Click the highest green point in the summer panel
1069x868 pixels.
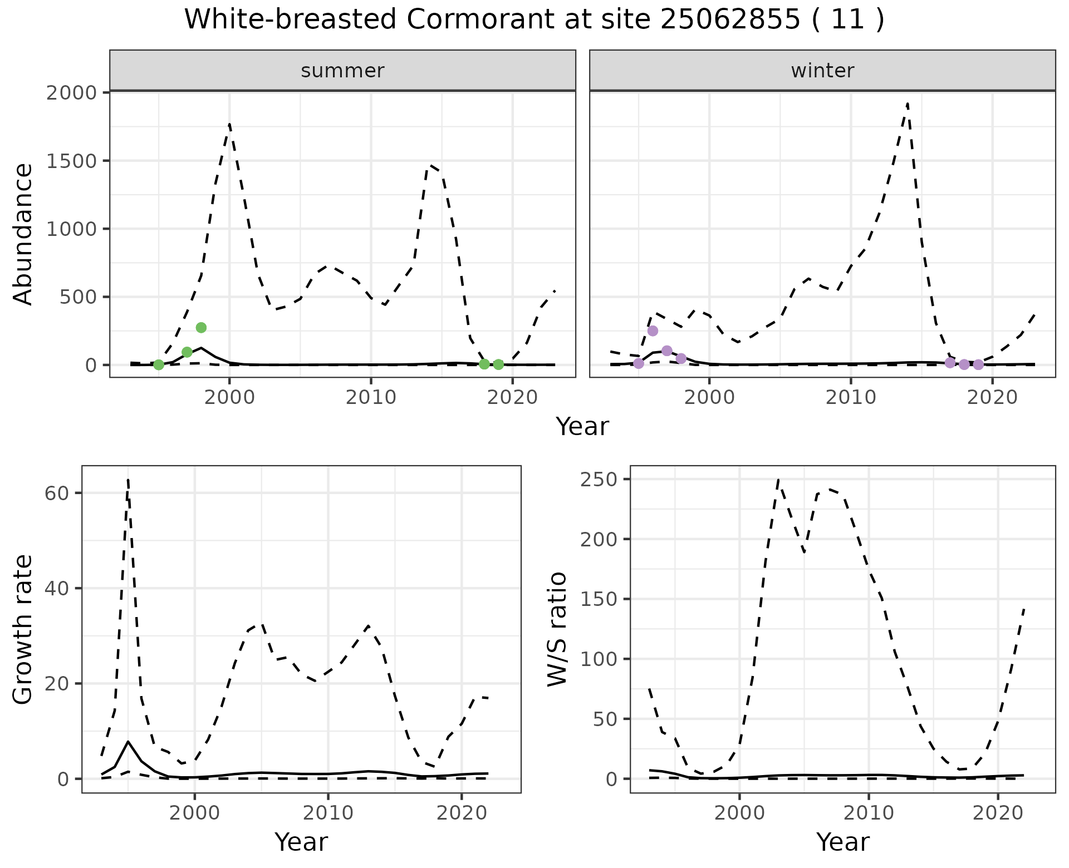tap(201, 328)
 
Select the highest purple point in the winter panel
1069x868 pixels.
tap(653, 331)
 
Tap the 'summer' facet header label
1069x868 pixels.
tap(342, 71)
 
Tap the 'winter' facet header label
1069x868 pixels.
tap(822, 71)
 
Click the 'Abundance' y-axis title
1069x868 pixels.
tap(23, 234)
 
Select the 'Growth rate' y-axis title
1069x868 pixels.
tap(23, 629)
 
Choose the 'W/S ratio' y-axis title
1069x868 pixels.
tap(557, 629)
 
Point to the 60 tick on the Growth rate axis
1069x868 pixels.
tap(56, 493)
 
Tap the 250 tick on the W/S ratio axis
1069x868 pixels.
tap(597, 480)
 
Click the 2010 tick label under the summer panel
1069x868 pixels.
tap(370, 397)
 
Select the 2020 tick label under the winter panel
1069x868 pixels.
tap(992, 397)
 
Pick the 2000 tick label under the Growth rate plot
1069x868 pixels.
tap(194, 813)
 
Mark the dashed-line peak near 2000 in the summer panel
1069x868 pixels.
tap(229, 124)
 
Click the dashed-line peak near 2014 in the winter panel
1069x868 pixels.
tap(908, 103)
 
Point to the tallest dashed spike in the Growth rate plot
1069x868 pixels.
tap(128, 480)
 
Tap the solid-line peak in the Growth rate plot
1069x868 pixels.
tap(129, 741)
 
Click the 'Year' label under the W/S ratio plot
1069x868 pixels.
tap(842, 842)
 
